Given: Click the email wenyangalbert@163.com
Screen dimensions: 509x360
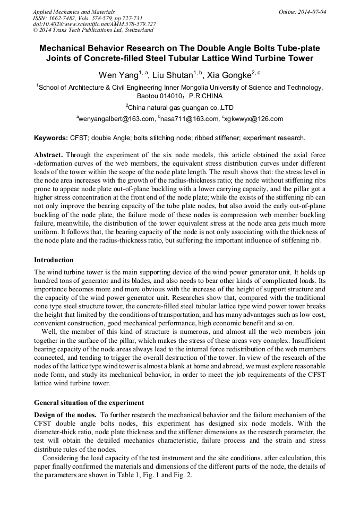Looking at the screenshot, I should [x=116, y=119].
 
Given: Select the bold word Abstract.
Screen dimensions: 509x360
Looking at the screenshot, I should [x=49, y=154].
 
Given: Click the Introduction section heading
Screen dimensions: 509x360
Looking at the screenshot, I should [x=54, y=260].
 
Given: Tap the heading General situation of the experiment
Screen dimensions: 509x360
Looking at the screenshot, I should [x=89, y=403].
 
